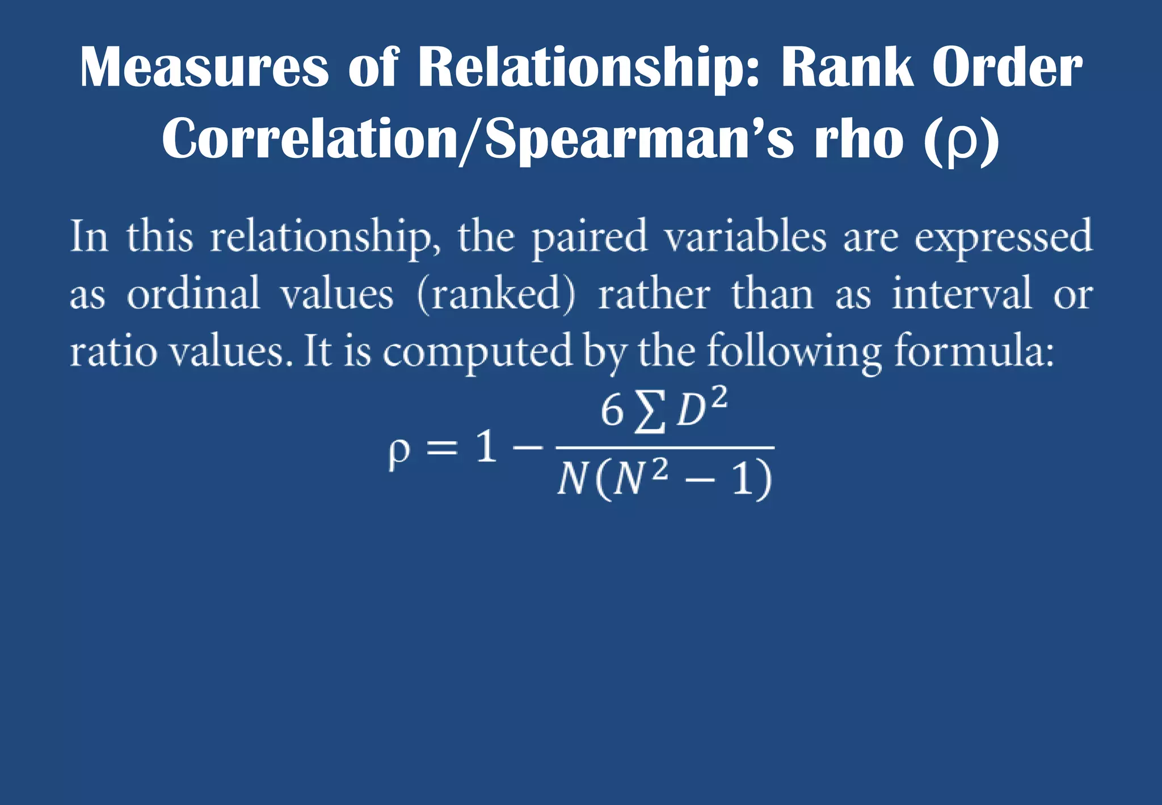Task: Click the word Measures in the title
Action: pos(204,68)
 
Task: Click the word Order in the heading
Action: pos(1007,68)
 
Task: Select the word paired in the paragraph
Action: pos(589,237)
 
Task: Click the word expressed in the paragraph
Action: pos(1003,237)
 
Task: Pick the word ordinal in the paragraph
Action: pos(193,294)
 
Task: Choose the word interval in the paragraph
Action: pos(961,294)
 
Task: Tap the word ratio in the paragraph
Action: pos(113,351)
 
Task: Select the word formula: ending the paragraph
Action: pos(974,351)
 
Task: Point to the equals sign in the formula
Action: pos(441,448)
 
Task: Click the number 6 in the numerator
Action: pos(612,411)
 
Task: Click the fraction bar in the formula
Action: pos(664,448)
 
